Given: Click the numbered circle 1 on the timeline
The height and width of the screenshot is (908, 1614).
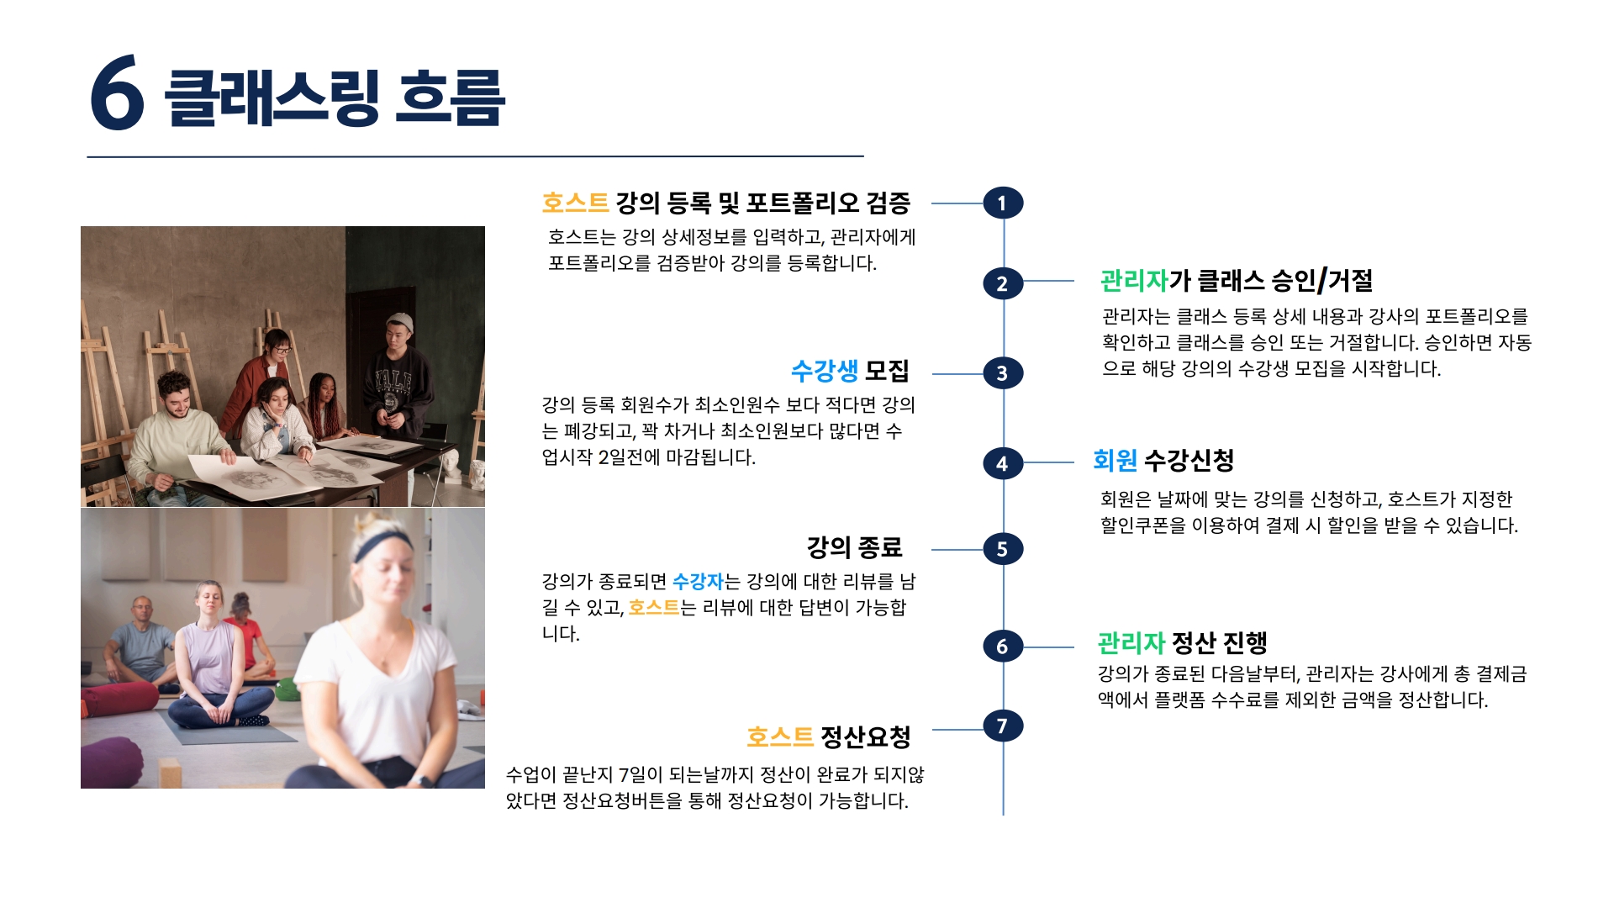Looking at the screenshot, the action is pyautogui.click(x=1002, y=203).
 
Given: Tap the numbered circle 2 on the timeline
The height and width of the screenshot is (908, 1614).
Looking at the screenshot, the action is pyautogui.click(x=1002, y=283).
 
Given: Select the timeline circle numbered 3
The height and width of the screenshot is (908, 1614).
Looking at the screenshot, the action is pyautogui.click(x=1002, y=373).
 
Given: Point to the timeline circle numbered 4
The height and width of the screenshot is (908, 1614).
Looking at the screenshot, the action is pyautogui.click(x=1002, y=463).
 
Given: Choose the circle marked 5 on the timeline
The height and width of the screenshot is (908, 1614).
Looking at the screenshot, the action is pyautogui.click(x=1002, y=549).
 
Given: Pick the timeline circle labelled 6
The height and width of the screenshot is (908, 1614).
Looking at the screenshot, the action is pyautogui.click(x=1002, y=647).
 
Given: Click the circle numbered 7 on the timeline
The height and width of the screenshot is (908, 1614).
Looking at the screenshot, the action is pyautogui.click(x=1002, y=726).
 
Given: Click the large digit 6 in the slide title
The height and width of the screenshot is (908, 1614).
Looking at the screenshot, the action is pyautogui.click(x=117, y=93).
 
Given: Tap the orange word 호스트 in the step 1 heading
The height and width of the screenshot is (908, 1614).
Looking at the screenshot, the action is pyautogui.click(x=575, y=203).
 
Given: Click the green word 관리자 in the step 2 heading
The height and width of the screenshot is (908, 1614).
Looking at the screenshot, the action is pyautogui.click(x=1134, y=281).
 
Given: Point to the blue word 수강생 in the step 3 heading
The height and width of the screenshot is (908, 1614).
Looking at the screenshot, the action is pyautogui.click(x=824, y=371).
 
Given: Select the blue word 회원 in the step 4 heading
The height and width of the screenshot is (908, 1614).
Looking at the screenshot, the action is pyautogui.click(x=1115, y=460).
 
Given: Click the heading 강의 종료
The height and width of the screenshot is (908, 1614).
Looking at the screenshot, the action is pyautogui.click(x=854, y=547).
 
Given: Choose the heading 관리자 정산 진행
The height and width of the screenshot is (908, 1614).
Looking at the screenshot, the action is pyautogui.click(x=1182, y=643).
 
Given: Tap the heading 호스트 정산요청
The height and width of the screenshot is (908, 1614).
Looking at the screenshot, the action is pyautogui.click(x=828, y=737).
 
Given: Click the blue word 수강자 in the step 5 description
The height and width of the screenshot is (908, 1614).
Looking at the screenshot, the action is pyautogui.click(x=698, y=582).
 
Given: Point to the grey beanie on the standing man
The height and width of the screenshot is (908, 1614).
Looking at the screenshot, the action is pyautogui.click(x=400, y=322).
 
